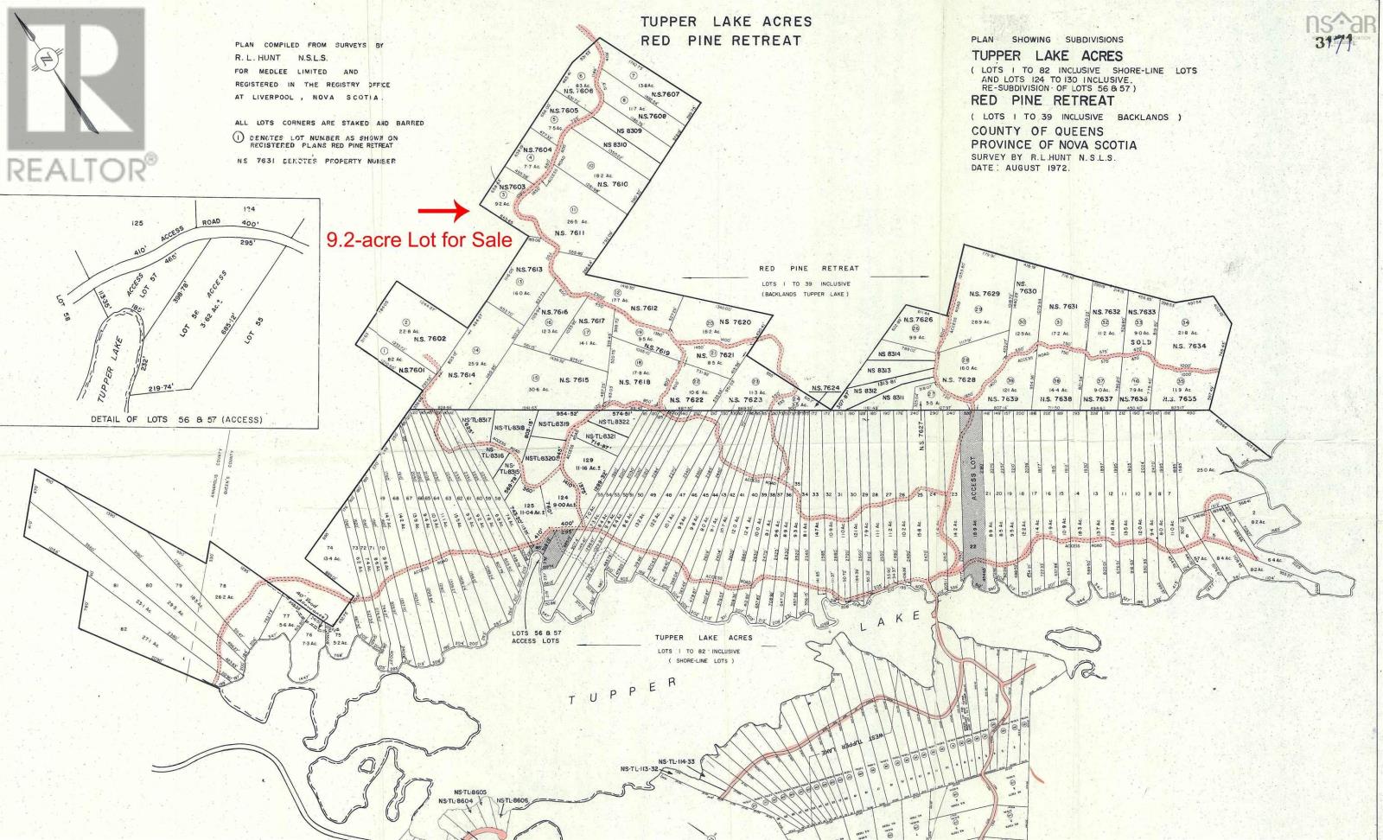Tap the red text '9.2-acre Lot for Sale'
click(418, 240)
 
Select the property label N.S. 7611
click(570, 233)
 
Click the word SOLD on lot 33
click(1141, 342)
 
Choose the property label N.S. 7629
click(984, 295)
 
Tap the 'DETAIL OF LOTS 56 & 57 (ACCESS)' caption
click(176, 419)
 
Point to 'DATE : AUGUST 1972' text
click(1020, 168)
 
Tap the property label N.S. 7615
click(573, 380)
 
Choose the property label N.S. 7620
click(734, 321)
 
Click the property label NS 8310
click(614, 145)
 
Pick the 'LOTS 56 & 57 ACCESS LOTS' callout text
click(536, 636)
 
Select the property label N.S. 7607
click(666, 94)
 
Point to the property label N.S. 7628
click(959, 380)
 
